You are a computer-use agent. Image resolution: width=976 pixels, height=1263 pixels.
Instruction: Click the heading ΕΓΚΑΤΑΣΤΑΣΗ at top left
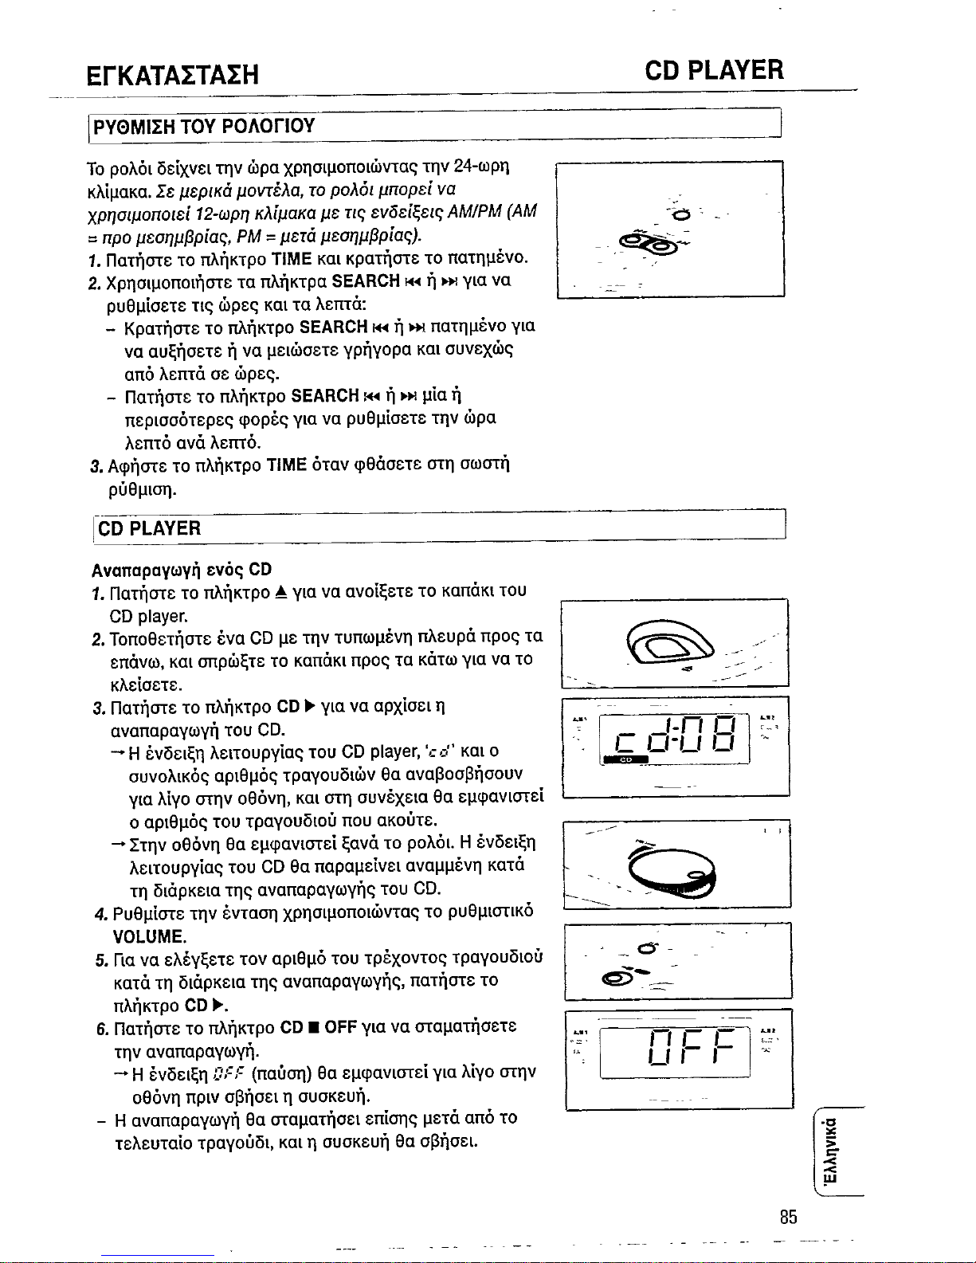click(172, 75)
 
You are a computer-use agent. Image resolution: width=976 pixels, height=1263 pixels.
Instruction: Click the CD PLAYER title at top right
click(714, 70)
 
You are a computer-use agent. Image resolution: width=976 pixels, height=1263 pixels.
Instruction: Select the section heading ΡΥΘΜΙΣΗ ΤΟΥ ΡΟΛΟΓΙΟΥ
click(204, 126)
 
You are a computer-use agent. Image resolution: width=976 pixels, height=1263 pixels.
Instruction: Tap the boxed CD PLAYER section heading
click(149, 528)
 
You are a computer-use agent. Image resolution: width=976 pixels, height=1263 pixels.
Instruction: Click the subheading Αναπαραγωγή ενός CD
click(182, 570)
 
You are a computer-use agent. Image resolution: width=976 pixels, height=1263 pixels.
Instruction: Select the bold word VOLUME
click(149, 936)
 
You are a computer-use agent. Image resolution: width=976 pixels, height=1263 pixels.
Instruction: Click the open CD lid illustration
click(670, 643)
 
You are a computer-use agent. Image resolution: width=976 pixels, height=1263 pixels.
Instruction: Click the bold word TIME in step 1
click(292, 258)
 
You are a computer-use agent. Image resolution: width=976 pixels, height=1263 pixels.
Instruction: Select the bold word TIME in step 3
click(286, 465)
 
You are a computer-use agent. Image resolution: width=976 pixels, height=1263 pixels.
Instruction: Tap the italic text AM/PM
click(474, 211)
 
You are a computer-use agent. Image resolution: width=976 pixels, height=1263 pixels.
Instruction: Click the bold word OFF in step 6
click(340, 1026)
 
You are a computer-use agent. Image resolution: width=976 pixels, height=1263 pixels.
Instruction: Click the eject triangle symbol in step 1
click(281, 592)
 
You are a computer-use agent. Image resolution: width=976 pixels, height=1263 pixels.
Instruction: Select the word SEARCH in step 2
click(366, 281)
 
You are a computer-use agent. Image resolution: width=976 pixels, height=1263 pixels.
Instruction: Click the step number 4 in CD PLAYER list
click(101, 914)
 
